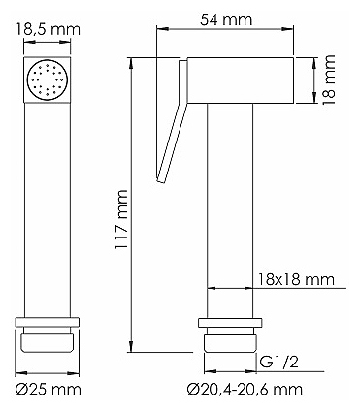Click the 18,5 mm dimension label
coord(48,30)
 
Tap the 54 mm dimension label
coord(226,20)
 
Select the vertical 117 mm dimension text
coord(122,220)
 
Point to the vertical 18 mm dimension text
coord(328,79)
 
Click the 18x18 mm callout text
coord(296,279)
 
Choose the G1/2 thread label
coord(278,363)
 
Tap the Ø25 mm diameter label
coord(49,390)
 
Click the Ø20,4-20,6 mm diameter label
coord(245,390)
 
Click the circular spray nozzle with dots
coord(48,79)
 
